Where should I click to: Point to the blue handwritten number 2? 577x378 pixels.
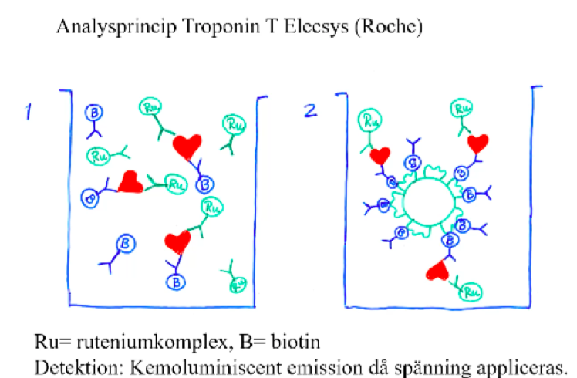click(310, 112)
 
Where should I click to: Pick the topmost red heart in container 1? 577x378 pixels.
click(187, 145)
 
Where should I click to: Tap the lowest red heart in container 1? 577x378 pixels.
click(177, 243)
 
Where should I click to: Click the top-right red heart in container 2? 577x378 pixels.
click(478, 143)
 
